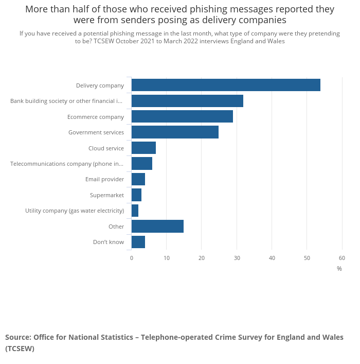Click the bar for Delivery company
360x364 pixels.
click(x=226, y=85)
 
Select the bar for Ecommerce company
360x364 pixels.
click(x=182, y=116)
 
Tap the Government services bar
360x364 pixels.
click(x=175, y=132)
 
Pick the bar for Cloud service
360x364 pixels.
click(x=143, y=148)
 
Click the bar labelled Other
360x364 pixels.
click(x=157, y=227)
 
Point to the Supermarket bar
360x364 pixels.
click(x=136, y=195)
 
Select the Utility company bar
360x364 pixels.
click(x=135, y=211)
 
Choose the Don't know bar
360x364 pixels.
click(x=138, y=242)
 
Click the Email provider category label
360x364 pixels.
click(x=104, y=179)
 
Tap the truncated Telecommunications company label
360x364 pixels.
click(x=67, y=164)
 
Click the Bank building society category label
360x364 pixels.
click(x=67, y=101)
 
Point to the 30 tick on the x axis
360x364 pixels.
click(x=237, y=258)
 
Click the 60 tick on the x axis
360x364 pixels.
click(x=341, y=258)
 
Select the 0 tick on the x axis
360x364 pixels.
click(x=132, y=258)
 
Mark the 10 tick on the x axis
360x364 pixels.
click(x=167, y=258)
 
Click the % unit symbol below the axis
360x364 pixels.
click(x=339, y=269)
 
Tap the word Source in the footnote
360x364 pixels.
click(x=17, y=338)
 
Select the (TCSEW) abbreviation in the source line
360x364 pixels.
click(x=20, y=349)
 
